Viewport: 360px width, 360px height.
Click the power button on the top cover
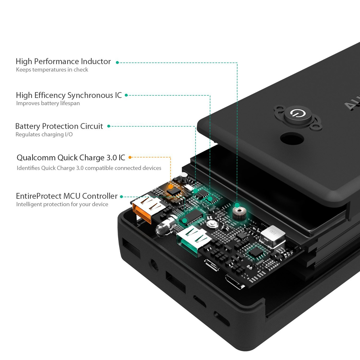[297, 114]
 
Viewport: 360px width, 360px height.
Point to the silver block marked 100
[273, 237]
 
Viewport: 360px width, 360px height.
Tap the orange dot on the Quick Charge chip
[170, 186]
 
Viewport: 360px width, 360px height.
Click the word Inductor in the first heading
[96, 62]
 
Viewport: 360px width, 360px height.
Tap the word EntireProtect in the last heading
[39, 196]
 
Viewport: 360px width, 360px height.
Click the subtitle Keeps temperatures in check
[52, 70]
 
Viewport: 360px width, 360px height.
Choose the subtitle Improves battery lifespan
[48, 103]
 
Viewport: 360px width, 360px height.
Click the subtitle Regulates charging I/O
[44, 134]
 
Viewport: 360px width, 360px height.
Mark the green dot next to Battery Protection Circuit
[109, 126]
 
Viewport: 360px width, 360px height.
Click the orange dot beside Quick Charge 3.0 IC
[130, 157]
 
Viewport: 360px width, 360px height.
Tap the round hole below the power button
[292, 139]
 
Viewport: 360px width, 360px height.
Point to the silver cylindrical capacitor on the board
[183, 177]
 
